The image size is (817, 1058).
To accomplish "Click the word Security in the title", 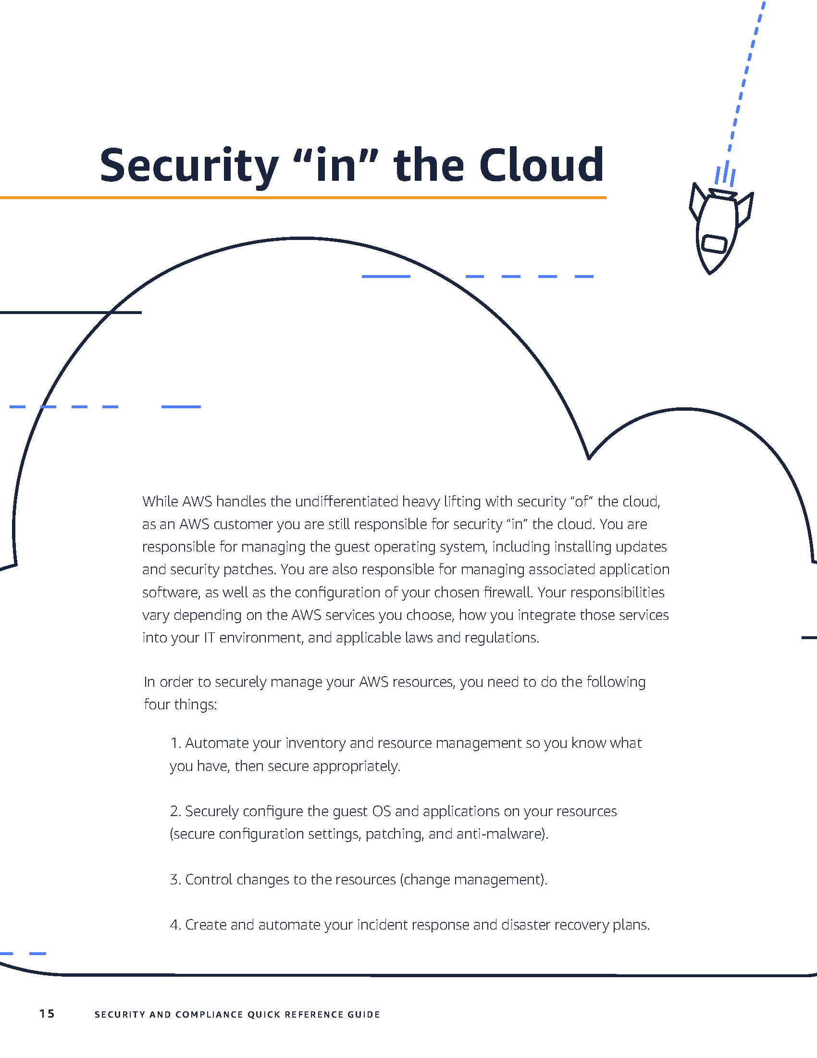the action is coord(189,166).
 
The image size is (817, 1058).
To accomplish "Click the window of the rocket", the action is coord(714,244).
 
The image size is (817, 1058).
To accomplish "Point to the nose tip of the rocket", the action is coord(709,273).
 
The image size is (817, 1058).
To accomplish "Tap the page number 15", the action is coord(47,1014).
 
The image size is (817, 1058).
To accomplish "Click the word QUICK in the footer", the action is coord(264,1014).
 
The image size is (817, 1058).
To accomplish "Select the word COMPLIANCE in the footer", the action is coord(209,1014).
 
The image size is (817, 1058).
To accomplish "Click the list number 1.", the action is coord(175,743).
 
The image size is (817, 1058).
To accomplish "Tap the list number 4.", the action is coord(175,925).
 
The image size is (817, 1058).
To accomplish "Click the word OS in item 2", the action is coord(381,811).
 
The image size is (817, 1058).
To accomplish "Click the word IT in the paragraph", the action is coord(209,638).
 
